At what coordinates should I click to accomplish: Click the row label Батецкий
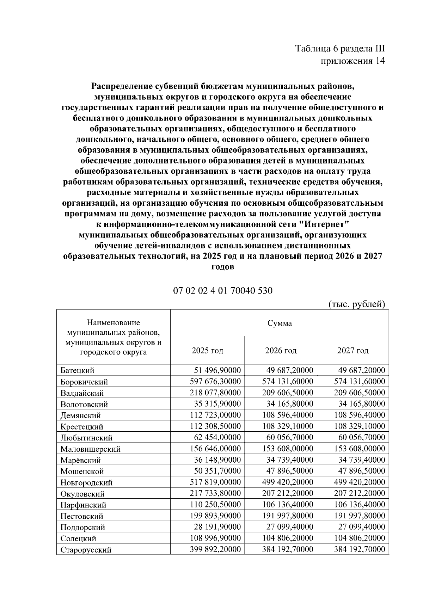click(77, 370)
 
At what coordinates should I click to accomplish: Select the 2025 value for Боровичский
click(215, 381)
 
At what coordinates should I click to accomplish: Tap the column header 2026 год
click(281, 351)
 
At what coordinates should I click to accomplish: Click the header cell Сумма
click(280, 323)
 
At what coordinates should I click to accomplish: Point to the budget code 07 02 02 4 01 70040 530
click(223, 291)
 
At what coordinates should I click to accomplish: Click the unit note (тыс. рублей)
click(356, 304)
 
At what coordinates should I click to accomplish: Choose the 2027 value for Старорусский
click(360, 549)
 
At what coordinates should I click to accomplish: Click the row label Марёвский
click(80, 460)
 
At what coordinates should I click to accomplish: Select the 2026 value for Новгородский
click(288, 482)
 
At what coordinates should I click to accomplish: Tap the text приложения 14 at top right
click(352, 61)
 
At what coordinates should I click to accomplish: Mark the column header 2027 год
click(353, 351)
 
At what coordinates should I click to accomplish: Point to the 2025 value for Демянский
click(215, 415)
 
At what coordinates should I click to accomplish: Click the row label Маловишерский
click(90, 449)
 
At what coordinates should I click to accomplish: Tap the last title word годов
click(223, 267)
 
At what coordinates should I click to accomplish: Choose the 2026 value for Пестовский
click(288, 516)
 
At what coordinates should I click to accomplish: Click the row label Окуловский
click(82, 494)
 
